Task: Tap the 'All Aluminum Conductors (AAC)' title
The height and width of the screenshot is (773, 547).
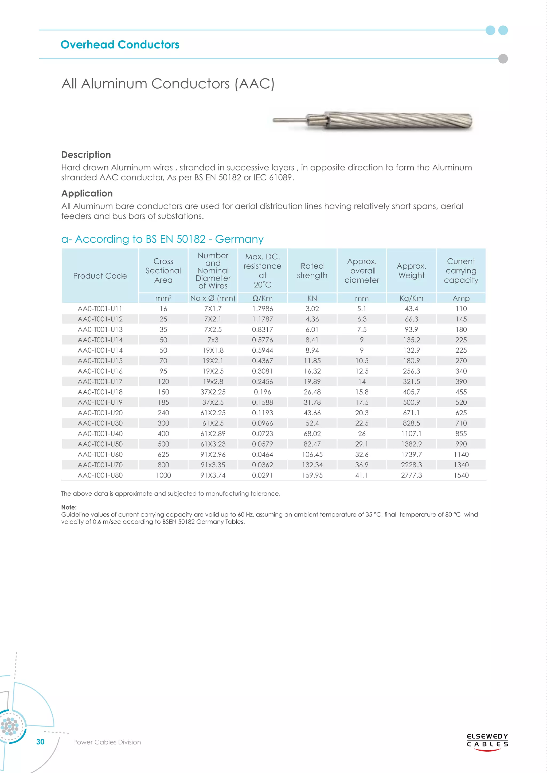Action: point(168,84)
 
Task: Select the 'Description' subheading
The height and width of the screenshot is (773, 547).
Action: point(86,155)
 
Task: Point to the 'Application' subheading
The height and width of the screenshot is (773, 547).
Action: point(87,193)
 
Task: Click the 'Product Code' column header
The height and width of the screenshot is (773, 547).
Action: point(100,276)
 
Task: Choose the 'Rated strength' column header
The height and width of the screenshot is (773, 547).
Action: point(312,271)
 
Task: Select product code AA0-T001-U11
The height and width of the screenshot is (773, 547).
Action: point(100,309)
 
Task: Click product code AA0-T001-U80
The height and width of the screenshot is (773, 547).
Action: point(100,475)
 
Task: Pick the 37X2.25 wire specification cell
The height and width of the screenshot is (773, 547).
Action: point(213,392)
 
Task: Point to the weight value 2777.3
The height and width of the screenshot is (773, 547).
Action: point(411,475)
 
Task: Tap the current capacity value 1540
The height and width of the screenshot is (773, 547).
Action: point(461,475)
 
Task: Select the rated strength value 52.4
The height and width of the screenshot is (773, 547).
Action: point(312,423)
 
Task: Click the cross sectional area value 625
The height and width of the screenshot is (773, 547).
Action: point(163,455)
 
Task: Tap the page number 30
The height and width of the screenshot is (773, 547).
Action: point(40,742)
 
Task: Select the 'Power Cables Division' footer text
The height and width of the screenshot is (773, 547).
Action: point(107,742)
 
